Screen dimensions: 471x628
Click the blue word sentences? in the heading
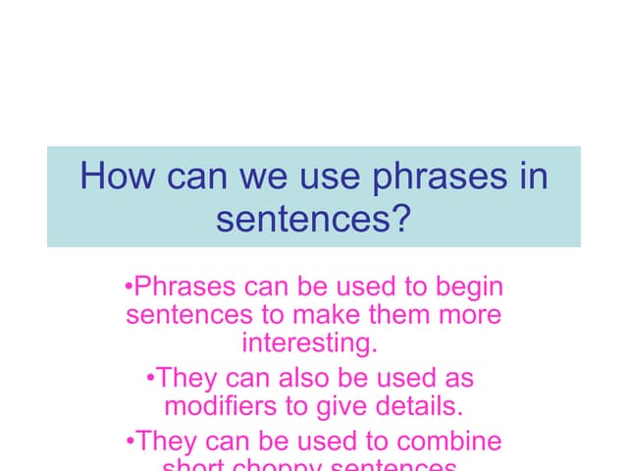[312, 218]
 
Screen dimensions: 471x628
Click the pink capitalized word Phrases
[184, 288]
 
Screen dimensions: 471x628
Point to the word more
[472, 316]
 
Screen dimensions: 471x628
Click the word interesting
[309, 345]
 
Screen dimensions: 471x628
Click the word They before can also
[188, 378]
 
